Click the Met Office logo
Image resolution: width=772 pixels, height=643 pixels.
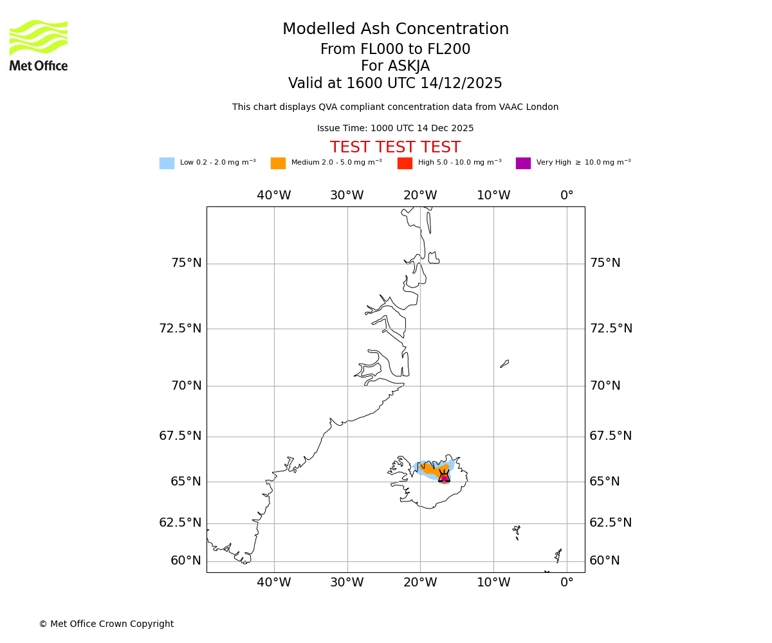pyautogui.click(x=39, y=45)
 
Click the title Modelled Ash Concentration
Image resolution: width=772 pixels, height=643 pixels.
pyautogui.click(x=396, y=30)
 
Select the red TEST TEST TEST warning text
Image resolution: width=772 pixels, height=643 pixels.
pyautogui.click(x=395, y=148)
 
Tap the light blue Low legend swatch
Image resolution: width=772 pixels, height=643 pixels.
pyautogui.click(x=167, y=163)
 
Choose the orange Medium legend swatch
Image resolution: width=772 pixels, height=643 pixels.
pyautogui.click(x=278, y=163)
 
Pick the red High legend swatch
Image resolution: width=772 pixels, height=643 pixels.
pyautogui.click(x=405, y=163)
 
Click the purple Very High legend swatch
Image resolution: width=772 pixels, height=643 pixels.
pyautogui.click(x=523, y=163)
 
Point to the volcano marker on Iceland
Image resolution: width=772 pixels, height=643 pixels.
pyautogui.click(x=444, y=476)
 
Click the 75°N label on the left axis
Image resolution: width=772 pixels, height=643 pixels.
pyautogui.click(x=186, y=263)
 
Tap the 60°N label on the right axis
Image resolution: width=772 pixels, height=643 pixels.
pyautogui.click(x=605, y=561)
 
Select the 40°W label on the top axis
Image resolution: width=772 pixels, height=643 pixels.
pyautogui.click(x=273, y=195)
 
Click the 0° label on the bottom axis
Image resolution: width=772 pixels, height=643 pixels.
pyautogui.click(x=567, y=583)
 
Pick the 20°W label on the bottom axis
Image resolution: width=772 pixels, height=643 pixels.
pyautogui.click(x=420, y=583)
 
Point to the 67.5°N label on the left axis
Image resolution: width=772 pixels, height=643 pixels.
pyautogui.click(x=180, y=436)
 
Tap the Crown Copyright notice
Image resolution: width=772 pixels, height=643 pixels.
pyautogui.click(x=106, y=624)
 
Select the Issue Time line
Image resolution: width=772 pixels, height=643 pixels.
pyautogui.click(x=395, y=129)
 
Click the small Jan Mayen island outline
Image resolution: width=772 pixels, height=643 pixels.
pyautogui.click(x=504, y=364)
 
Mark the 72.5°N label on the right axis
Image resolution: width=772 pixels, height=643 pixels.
pyautogui.click(x=611, y=329)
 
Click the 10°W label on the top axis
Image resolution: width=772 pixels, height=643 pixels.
pyautogui.click(x=493, y=195)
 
